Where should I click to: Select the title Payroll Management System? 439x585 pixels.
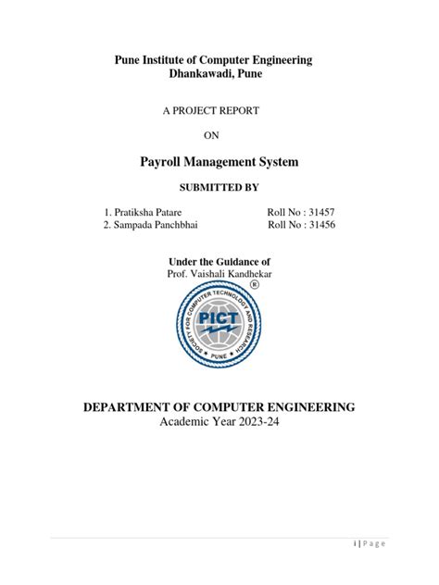219,162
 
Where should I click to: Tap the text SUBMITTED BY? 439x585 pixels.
219,189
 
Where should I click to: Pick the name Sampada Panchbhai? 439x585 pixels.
155,225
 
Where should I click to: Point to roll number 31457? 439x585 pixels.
315,212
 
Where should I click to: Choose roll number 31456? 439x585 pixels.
315,225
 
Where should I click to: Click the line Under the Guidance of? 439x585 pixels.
219,263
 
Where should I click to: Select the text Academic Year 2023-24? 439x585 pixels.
219,424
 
